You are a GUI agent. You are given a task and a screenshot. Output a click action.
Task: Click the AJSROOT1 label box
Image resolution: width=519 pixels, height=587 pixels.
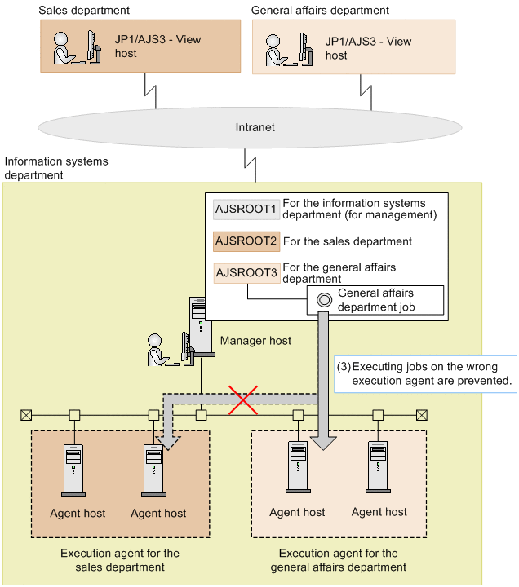coord(246,209)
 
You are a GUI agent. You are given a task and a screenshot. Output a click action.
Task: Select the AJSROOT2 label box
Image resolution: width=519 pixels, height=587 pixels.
coord(246,241)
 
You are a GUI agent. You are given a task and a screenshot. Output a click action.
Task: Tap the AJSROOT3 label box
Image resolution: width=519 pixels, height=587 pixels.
coord(246,273)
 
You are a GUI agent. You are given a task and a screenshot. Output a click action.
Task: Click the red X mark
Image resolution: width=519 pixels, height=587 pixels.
coord(243,399)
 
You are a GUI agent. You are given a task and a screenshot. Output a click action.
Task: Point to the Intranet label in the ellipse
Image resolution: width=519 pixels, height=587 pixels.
coord(255,127)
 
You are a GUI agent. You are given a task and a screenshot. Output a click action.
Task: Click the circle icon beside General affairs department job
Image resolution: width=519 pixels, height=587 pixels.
coord(324,300)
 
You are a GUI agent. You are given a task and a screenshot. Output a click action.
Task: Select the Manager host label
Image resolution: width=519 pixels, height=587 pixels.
coord(255,341)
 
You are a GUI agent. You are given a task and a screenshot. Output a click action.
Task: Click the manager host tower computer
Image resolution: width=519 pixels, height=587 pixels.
coord(202,325)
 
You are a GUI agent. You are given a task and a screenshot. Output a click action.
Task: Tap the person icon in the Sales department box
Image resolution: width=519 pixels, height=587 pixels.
coord(67,48)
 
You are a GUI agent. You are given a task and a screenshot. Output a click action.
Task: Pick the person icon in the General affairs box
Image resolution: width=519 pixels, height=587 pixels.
coord(278,51)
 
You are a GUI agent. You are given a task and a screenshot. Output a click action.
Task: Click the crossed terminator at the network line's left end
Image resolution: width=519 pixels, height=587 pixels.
coord(26,415)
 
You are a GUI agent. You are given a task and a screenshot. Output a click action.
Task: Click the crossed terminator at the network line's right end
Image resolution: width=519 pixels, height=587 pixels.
coord(422,415)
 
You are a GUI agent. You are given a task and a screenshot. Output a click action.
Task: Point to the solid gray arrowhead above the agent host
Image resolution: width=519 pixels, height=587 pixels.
coord(323,443)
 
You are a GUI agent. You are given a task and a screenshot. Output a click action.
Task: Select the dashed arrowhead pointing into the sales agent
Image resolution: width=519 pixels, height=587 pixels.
coord(168,443)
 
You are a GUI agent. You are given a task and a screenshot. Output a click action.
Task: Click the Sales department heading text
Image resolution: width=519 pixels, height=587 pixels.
coord(84,10)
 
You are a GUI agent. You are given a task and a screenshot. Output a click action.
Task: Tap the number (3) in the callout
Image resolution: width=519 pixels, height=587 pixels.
coord(344,367)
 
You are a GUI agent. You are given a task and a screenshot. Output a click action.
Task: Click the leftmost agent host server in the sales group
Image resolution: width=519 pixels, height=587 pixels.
coord(73,470)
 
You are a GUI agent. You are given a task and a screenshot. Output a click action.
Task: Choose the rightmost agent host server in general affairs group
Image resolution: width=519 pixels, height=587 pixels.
coord(378,467)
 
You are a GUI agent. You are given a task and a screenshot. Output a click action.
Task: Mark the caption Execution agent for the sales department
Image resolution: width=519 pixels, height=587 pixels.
coord(120,560)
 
